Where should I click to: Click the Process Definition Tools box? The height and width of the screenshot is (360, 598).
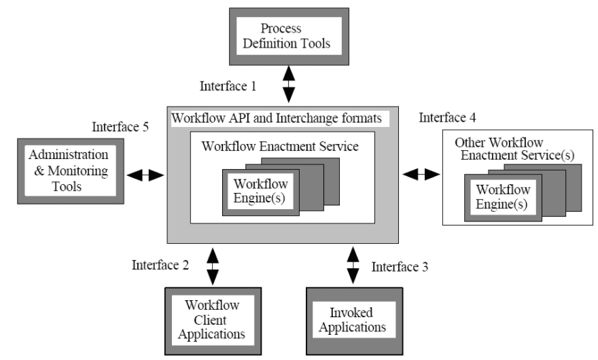point(289,37)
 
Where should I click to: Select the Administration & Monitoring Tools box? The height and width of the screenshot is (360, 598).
point(71,171)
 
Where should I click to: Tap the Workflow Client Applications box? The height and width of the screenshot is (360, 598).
point(213,321)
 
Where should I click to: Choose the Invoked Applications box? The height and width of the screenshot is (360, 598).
point(354,321)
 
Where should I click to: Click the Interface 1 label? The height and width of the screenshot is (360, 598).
point(228,86)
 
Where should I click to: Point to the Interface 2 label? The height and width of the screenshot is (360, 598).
point(160,265)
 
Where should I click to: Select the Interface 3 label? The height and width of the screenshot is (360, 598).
point(400,267)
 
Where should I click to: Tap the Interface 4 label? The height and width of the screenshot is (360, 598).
point(447,118)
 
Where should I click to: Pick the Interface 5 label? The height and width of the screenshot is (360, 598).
point(120,126)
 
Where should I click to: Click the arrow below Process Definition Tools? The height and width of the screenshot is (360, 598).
point(289,84)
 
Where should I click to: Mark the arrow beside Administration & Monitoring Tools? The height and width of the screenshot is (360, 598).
point(145,175)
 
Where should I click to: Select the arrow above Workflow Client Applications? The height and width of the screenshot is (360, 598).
point(213,266)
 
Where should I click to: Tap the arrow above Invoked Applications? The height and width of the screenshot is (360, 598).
point(353,266)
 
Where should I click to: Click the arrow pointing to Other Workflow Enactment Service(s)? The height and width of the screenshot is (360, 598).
point(421,175)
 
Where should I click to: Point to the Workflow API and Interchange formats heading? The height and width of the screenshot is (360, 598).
point(277,118)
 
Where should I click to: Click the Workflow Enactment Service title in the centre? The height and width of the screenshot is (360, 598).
point(280,147)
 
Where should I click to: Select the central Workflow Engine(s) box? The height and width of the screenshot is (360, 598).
point(261,193)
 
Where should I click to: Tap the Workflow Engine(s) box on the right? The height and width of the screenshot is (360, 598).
point(503,198)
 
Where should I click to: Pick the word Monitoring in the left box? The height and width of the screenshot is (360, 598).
point(77,171)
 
